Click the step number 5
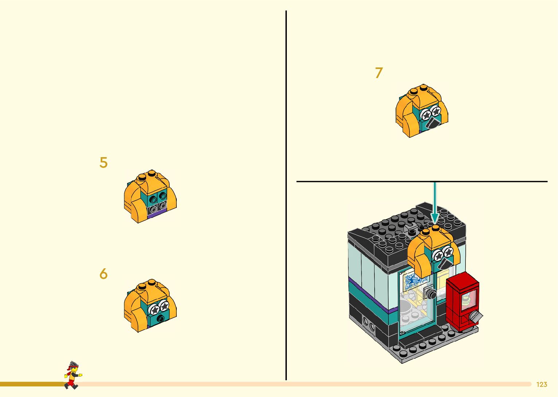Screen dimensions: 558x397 click(104, 163)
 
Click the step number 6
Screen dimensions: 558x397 click(104, 274)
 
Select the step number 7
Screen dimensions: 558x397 click(379, 73)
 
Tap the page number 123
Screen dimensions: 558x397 click(542, 385)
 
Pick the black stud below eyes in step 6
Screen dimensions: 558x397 click(161, 319)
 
